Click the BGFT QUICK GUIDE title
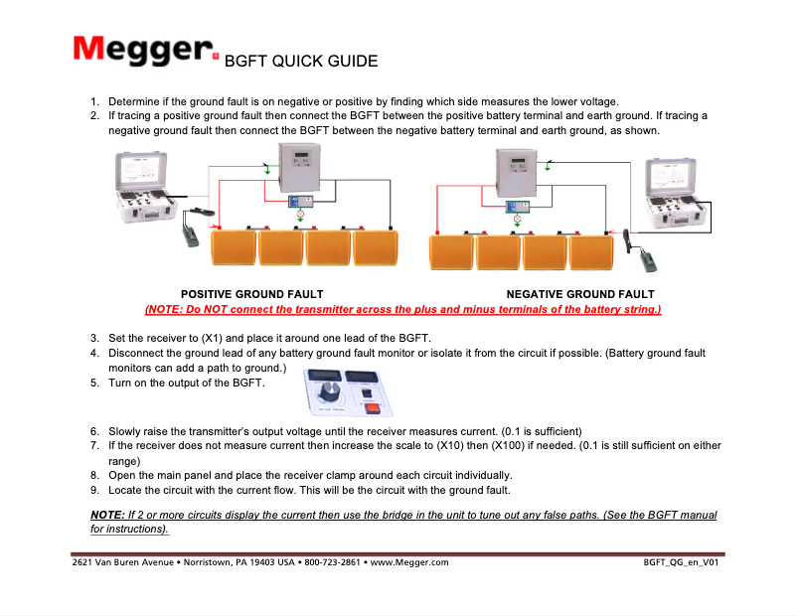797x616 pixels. [x=301, y=62]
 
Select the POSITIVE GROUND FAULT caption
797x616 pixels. [x=251, y=294]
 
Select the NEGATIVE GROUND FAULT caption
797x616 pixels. [x=580, y=294]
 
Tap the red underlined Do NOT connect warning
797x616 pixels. [x=402, y=309]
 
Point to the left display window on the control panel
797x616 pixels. [x=324, y=376]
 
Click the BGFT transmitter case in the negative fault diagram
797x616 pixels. [x=680, y=194]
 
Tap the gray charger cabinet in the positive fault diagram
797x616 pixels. [x=299, y=169]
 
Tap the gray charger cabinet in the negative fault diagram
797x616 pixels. [x=517, y=175]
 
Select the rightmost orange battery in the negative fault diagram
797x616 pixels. [x=592, y=251]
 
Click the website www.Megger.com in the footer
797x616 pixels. [x=408, y=562]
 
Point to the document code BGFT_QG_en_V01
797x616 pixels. [x=681, y=562]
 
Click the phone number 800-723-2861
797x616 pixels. [x=332, y=562]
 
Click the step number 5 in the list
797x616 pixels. [x=94, y=382]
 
